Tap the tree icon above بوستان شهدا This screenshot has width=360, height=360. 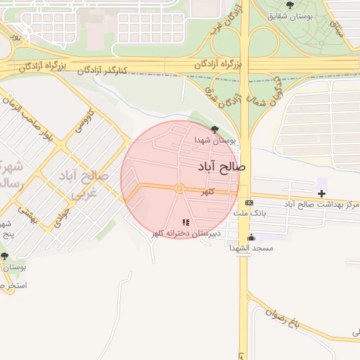click(214, 129)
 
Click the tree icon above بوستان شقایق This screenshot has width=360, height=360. click(290, 4)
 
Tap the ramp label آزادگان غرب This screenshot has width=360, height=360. click(218, 19)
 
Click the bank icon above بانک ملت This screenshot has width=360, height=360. click(249, 202)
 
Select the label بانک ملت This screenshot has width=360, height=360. click(250, 212)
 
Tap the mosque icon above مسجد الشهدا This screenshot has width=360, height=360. click(252, 238)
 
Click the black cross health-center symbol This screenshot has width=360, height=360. click(321, 193)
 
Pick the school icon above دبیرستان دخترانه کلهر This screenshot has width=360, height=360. click(186, 223)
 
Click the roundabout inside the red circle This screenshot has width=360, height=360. click(180, 188)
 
